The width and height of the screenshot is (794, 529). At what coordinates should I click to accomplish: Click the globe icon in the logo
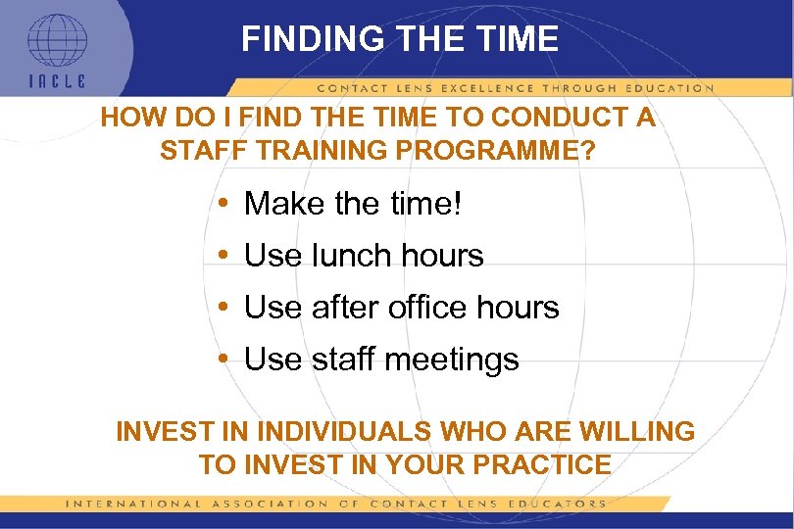[x=56, y=39]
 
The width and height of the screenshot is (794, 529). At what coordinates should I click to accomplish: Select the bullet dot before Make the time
[x=224, y=204]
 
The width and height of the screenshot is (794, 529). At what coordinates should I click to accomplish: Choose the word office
[x=429, y=308]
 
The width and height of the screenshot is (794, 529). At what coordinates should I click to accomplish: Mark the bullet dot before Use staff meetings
[x=224, y=360]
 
